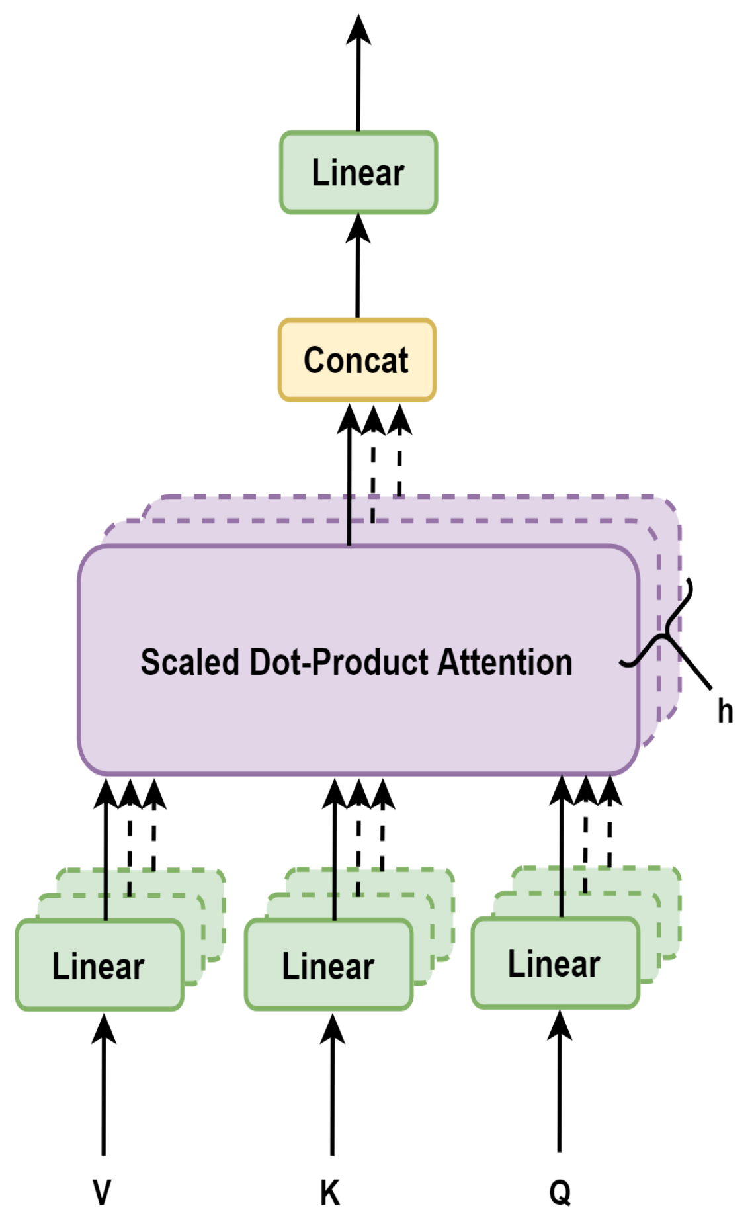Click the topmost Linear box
point(358,173)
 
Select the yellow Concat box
point(356,360)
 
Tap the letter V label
point(102,1192)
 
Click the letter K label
point(330,1192)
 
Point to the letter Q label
point(560,1192)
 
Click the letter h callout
point(725,712)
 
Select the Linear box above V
point(99,965)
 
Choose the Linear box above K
point(328,965)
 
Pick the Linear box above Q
point(554,963)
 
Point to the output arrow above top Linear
point(358,73)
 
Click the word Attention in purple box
point(505,662)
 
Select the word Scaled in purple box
point(189,662)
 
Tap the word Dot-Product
point(339,662)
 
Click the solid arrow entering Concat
point(349,476)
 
